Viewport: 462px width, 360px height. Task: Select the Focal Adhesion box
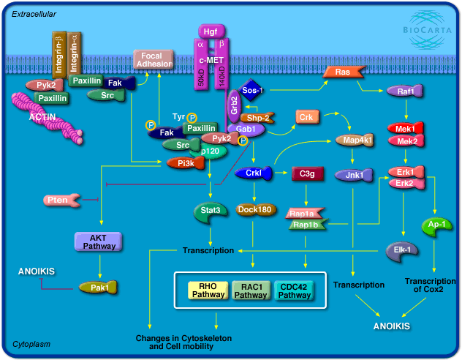pos(154,59)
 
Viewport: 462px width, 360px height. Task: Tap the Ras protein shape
pos(342,72)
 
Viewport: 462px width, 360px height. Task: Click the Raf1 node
pos(406,91)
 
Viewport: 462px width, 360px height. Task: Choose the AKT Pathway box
pos(102,241)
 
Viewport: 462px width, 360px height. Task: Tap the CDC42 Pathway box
pos(295,290)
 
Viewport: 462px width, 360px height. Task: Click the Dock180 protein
pos(255,211)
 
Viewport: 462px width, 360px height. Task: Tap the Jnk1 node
pos(354,176)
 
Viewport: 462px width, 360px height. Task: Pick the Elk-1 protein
pos(402,250)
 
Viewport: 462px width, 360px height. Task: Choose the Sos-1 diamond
pos(252,91)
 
